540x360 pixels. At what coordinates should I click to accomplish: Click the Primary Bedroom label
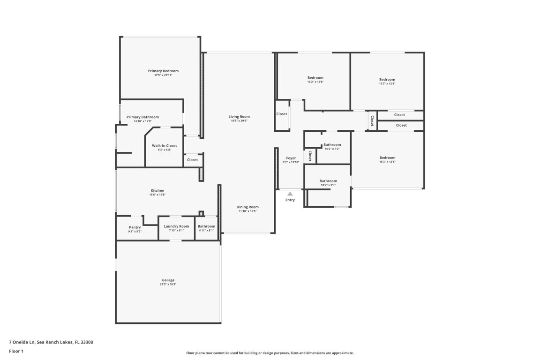click(163, 71)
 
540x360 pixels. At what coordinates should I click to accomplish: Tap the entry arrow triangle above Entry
click(290, 194)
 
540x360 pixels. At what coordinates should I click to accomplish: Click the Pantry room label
click(135, 227)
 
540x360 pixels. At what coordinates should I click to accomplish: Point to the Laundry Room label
click(177, 226)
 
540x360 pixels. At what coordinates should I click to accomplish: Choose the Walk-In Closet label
click(164, 146)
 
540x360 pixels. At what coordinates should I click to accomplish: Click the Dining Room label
click(247, 207)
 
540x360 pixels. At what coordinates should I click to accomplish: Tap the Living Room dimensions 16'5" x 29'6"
click(239, 120)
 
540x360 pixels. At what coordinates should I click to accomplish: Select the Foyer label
click(291, 158)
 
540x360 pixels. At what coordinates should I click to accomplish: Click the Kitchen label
click(157, 190)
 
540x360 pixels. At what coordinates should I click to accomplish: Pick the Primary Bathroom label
click(142, 117)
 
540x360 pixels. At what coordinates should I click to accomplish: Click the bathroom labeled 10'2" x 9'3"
click(328, 181)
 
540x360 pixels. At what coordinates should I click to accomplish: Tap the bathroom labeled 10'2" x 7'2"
click(332, 145)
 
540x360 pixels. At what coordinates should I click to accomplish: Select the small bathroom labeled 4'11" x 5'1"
click(206, 226)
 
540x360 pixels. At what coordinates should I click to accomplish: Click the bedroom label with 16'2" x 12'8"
click(315, 78)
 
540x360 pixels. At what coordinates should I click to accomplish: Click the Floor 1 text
click(16, 351)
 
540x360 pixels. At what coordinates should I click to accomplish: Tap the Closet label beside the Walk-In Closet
click(193, 160)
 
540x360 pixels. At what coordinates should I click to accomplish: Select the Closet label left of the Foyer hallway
click(281, 114)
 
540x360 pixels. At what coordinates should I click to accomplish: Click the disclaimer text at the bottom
click(270, 353)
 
